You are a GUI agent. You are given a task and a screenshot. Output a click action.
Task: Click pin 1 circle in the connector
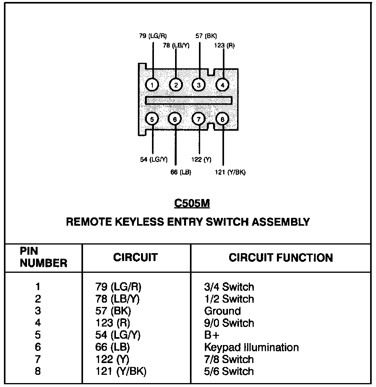click(152, 84)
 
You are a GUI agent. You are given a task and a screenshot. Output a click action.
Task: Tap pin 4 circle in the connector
click(222, 84)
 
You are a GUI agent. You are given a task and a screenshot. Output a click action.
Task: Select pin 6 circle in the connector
click(175, 119)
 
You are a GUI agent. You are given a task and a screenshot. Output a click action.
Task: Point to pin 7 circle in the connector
click(199, 119)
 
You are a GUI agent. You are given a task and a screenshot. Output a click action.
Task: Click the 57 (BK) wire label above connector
click(206, 36)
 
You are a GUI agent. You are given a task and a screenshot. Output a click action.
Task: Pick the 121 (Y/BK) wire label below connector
click(230, 172)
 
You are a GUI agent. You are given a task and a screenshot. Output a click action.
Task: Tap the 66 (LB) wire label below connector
click(181, 172)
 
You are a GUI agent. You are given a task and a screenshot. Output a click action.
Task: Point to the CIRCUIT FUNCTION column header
click(281, 258)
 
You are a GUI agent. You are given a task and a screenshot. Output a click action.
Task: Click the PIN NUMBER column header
click(43, 257)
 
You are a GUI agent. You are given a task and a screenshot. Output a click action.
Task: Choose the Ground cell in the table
click(222, 311)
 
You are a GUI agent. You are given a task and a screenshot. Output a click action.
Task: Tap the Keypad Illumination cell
click(251, 347)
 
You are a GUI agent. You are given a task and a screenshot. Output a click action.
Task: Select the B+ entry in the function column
click(211, 335)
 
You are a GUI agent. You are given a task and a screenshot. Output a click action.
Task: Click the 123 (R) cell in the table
click(113, 323)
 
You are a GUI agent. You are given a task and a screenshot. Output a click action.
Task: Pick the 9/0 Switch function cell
click(229, 323)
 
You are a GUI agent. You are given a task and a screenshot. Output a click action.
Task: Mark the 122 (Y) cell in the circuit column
click(112, 360)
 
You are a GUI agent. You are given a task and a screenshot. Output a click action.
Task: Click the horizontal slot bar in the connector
click(188, 100)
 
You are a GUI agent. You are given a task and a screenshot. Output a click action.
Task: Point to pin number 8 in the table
click(38, 371)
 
